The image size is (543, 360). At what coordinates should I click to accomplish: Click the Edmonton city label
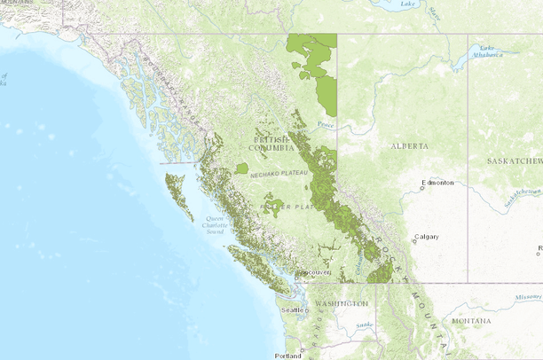[439, 183]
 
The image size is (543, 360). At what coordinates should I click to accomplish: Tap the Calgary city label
[427, 237]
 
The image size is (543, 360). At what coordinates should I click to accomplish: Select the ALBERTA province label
[410, 145]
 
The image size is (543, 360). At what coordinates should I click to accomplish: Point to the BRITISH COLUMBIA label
[271, 144]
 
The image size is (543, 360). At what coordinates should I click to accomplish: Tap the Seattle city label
[291, 310]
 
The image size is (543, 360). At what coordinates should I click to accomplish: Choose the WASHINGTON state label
[341, 303]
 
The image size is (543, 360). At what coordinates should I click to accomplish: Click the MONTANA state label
[470, 320]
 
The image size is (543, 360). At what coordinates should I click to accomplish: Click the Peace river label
[326, 125]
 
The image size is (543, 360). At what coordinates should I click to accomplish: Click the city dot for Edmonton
[422, 187]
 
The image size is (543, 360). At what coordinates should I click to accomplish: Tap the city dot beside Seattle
[306, 310]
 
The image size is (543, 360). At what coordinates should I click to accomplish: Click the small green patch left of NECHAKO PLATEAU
[241, 168]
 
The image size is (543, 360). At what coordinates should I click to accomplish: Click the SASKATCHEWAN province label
[514, 161]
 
